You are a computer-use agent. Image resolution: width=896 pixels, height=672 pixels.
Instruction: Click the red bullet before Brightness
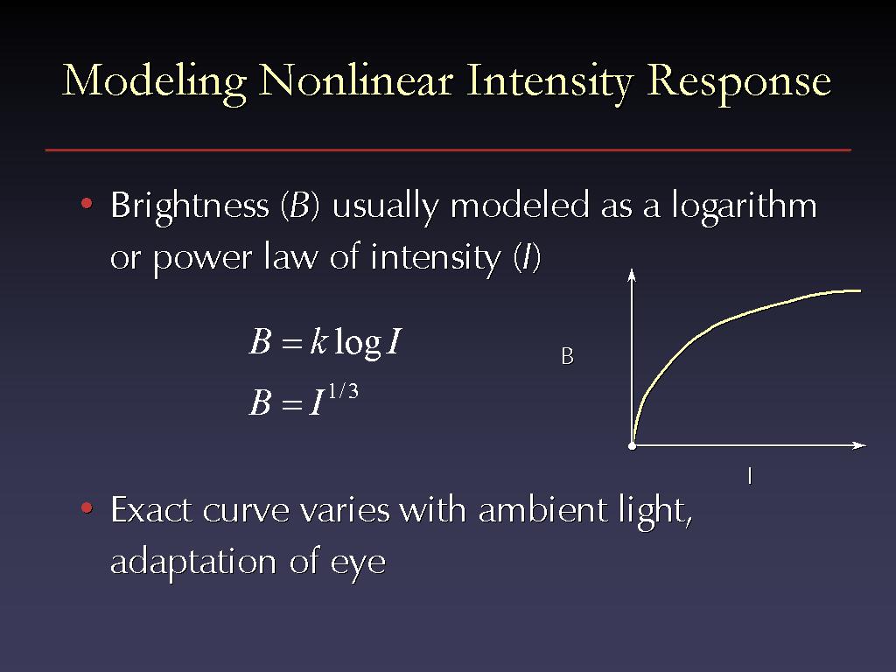(87, 203)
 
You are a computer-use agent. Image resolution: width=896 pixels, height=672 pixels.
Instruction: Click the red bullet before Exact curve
(87, 507)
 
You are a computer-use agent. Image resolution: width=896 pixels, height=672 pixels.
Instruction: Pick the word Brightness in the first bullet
(189, 206)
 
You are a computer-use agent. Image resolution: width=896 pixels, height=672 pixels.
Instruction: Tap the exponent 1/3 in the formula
(343, 391)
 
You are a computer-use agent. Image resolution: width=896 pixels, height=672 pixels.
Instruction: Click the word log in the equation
(358, 342)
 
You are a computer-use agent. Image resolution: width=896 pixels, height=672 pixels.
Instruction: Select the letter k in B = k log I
(318, 341)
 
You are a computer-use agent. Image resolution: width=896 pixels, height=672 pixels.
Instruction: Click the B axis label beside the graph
(567, 357)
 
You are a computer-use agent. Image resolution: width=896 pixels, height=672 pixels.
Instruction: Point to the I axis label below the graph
(750, 476)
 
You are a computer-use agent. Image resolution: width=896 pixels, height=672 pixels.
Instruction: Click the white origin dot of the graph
(632, 445)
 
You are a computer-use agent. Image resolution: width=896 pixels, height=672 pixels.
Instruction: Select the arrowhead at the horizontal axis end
(859, 445)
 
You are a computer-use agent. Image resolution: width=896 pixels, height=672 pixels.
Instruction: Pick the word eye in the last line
(358, 563)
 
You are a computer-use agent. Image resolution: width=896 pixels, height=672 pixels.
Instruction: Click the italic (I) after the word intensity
(526, 258)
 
